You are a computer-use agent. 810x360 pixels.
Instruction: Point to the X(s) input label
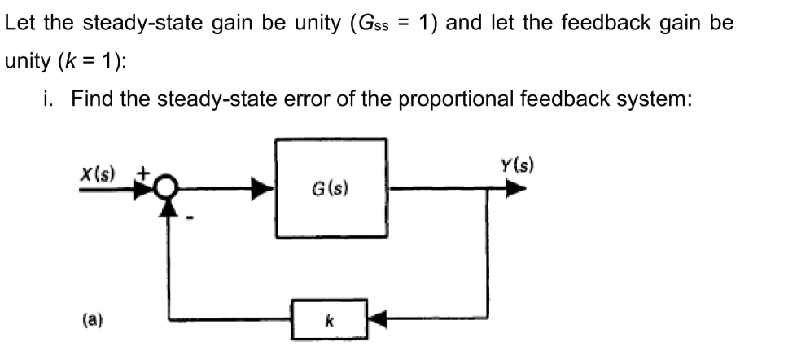tap(98, 173)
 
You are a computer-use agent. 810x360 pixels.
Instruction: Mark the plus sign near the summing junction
tap(142, 173)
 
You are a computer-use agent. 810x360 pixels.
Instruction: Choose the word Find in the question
tap(90, 99)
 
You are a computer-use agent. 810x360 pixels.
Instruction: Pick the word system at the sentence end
tap(652, 99)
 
